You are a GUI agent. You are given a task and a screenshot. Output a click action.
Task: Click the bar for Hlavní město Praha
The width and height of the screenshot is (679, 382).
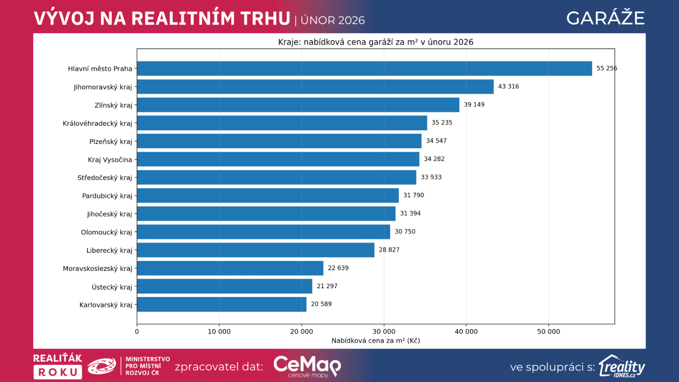364,68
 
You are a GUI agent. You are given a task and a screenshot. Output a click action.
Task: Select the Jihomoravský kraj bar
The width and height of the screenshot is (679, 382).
315,87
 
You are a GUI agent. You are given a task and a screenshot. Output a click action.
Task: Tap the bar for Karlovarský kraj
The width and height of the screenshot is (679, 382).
222,304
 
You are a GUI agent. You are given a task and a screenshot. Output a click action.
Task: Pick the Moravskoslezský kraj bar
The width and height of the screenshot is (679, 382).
230,268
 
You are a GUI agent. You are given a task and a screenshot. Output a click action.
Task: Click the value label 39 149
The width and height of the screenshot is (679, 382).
474,104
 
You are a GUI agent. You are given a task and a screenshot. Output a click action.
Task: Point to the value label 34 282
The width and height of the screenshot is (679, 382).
434,159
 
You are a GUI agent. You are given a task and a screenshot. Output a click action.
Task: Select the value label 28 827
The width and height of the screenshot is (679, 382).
389,250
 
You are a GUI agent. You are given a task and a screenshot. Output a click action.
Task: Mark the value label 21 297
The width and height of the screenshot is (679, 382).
327,286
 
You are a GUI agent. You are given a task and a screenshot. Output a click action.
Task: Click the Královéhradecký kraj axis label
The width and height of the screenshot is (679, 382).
98,124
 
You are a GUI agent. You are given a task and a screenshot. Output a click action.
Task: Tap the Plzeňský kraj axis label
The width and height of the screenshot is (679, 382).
111,142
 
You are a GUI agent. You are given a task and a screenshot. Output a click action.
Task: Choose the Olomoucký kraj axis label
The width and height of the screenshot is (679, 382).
107,233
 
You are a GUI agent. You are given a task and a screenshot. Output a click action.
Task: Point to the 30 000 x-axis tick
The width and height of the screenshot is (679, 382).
384,331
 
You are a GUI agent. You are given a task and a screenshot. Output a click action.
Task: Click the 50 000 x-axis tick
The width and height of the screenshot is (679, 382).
548,331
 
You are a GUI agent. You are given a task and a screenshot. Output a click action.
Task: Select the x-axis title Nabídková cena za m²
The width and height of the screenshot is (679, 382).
376,340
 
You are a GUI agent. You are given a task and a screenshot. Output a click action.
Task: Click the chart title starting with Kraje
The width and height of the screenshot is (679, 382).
376,42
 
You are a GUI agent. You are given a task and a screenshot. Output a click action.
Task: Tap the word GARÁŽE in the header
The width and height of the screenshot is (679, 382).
605,18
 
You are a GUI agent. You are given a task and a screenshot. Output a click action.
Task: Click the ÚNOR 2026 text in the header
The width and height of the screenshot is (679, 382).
333,20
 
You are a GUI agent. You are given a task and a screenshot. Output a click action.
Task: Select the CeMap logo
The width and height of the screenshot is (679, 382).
307,366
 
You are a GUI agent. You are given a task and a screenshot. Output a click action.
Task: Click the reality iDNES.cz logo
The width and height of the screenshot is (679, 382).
622,366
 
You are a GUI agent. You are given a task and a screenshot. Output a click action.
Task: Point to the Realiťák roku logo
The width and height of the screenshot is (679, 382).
58,366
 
